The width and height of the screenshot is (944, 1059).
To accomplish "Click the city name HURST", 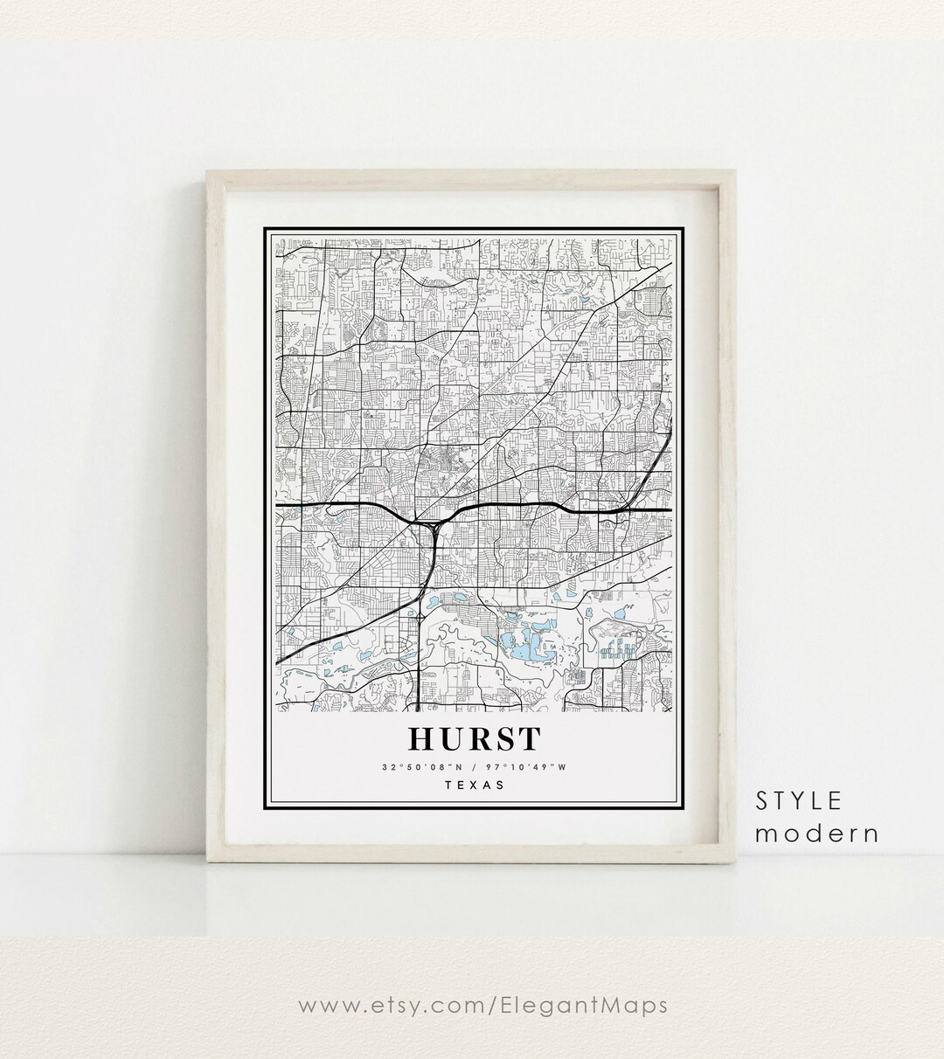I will click(475, 739).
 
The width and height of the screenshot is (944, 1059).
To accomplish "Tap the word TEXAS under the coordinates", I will click(475, 785).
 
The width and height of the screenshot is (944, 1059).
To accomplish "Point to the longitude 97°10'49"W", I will click(530, 767).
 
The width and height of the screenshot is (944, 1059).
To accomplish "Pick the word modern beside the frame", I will click(817, 833).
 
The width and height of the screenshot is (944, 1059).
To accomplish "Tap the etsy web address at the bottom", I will click(482, 1006).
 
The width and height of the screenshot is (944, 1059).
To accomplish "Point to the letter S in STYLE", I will click(763, 799).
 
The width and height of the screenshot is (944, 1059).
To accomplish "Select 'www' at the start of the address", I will click(323, 1006).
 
